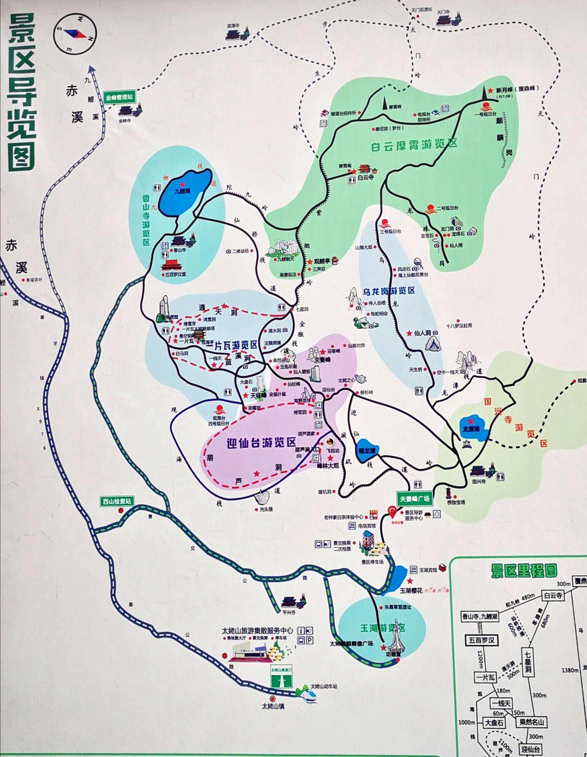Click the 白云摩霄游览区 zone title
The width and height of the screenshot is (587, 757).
(414, 145)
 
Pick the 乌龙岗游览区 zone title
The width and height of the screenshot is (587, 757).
(389, 291)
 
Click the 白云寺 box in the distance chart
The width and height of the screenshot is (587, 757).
(553, 595)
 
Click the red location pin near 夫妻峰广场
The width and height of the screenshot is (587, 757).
(392, 511)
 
